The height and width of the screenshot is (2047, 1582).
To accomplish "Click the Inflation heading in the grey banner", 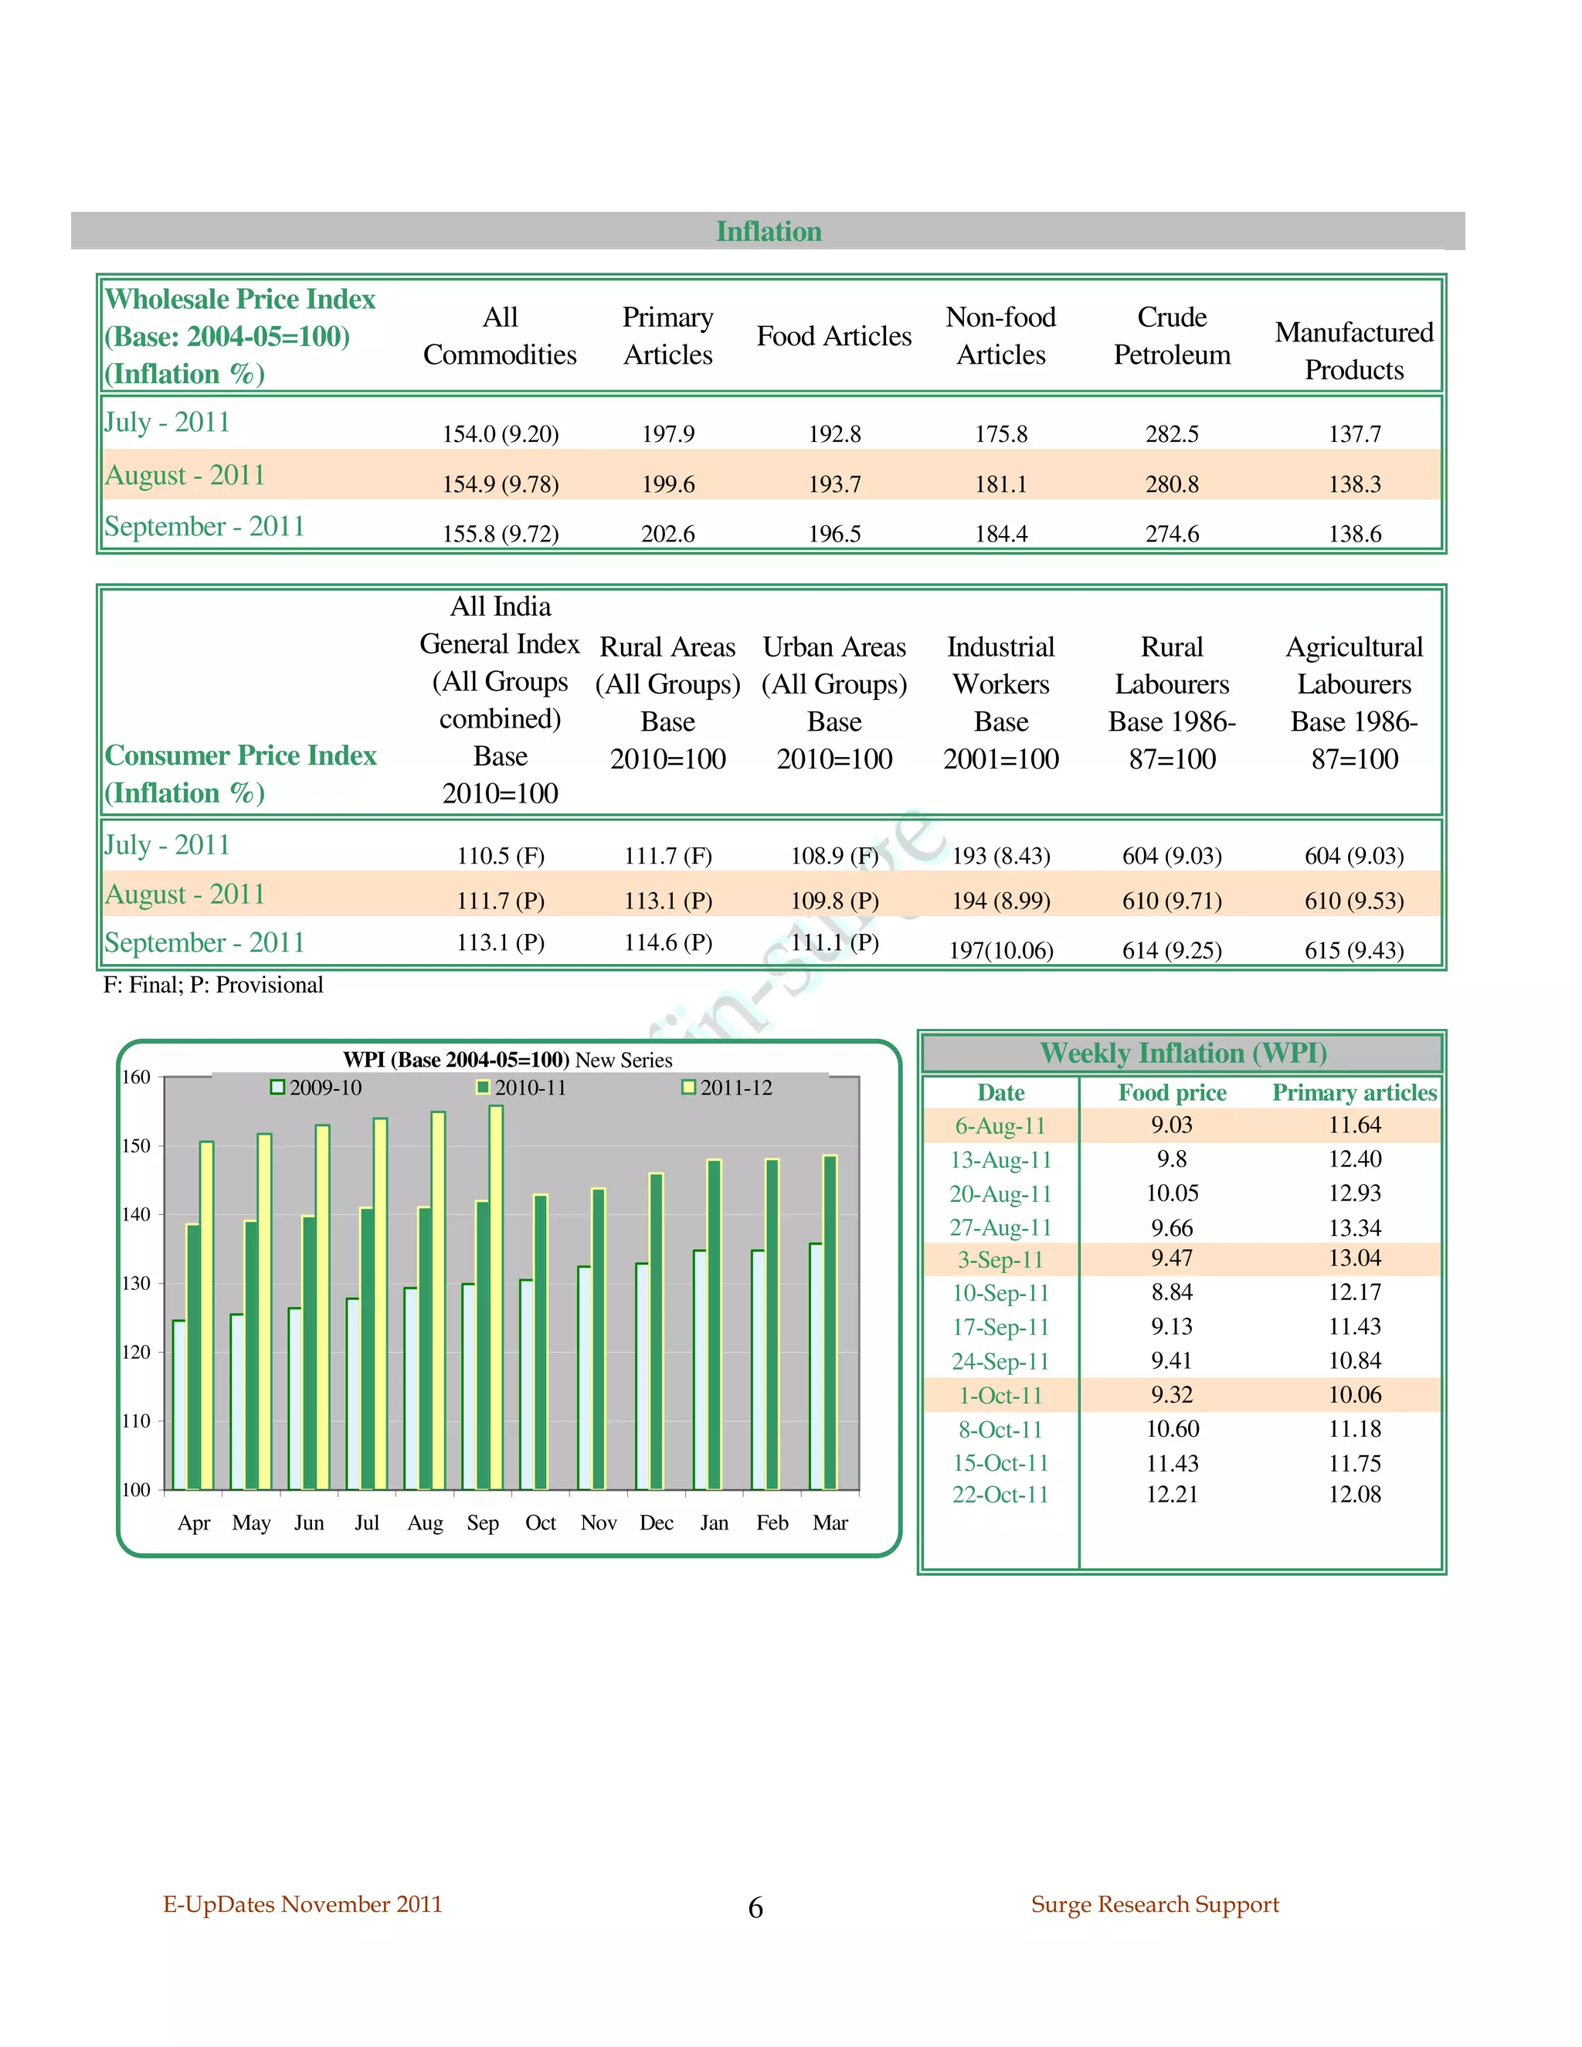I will coord(769,232).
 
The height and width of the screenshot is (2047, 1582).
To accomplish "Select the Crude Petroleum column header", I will coord(1172,335).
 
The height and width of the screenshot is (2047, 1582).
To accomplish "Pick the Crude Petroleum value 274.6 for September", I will coord(1172,533).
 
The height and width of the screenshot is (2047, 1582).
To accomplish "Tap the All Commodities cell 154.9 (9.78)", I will coord(501,484).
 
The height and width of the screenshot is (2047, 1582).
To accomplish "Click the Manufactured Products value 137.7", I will coord(1354,434).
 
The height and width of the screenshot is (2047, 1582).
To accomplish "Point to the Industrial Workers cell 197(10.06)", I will coord(1001,950).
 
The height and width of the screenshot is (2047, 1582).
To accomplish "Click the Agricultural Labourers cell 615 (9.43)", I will coord(1354,950).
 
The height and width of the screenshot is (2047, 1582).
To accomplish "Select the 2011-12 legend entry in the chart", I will coord(728,1088).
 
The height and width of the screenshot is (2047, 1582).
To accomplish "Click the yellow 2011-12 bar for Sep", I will coord(496,1293).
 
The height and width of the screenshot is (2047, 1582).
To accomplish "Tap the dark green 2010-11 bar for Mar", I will coord(830,1322).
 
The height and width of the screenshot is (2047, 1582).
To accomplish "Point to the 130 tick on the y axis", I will coord(136,1283).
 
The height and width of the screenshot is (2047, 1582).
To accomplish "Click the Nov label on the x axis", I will coord(599,1523).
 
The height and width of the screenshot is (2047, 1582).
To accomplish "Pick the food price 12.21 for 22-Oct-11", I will coord(1172,1494).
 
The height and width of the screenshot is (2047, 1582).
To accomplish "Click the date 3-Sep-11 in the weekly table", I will coord(1000,1260).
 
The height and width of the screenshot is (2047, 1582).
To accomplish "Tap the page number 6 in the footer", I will coord(755,1907).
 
